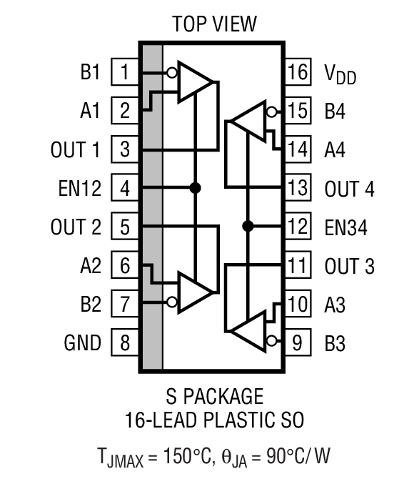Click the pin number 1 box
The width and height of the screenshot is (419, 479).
[125, 73]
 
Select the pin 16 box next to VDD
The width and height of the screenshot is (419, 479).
[298, 73]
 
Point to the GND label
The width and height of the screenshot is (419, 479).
[82, 343]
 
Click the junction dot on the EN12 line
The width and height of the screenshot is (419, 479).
[195, 188]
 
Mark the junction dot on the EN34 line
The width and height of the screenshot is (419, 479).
[248, 227]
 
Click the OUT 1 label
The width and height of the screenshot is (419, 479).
[75, 150]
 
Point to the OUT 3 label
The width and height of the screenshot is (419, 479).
[349, 267]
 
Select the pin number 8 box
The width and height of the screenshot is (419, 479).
[125, 343]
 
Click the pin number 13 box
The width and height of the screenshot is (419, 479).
[298, 189]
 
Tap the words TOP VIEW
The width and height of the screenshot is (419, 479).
[214, 24]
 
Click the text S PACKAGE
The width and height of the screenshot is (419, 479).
[214, 395]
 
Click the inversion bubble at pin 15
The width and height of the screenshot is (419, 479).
[271, 112]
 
